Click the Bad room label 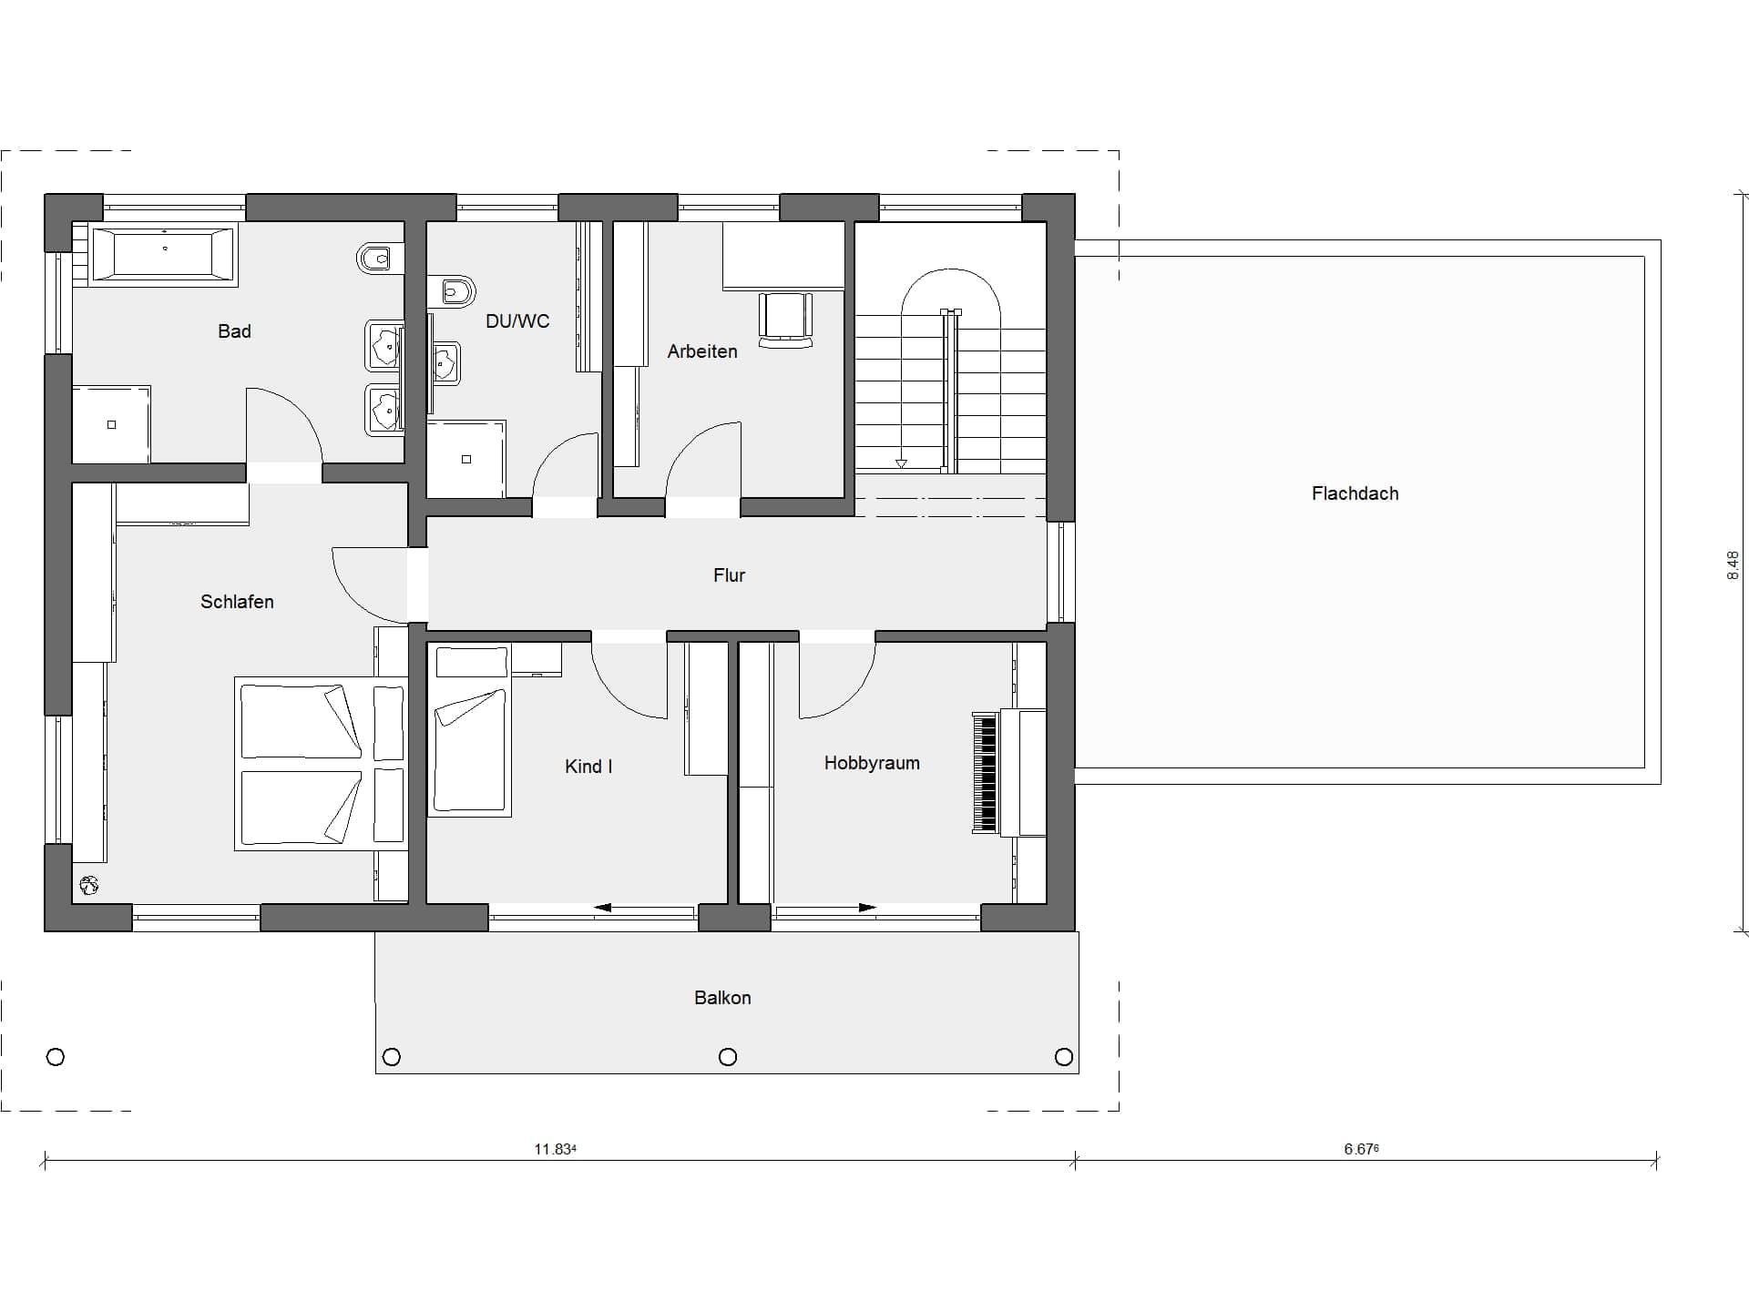pyautogui.click(x=234, y=331)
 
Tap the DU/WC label pyautogui.click(x=517, y=321)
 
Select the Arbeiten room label pyautogui.click(x=702, y=351)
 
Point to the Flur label pyautogui.click(x=729, y=575)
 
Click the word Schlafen pyautogui.click(x=237, y=602)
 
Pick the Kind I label pyautogui.click(x=588, y=767)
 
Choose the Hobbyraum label pyautogui.click(x=872, y=763)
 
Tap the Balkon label pyautogui.click(x=722, y=998)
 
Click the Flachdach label pyautogui.click(x=1355, y=493)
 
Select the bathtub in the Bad pyautogui.click(x=164, y=254)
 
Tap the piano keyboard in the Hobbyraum pyautogui.click(x=985, y=773)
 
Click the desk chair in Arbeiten pyautogui.click(x=785, y=320)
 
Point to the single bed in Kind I pyautogui.click(x=470, y=729)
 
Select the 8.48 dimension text pyautogui.click(x=1734, y=565)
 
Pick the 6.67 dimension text pyautogui.click(x=1361, y=1149)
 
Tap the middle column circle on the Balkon pyautogui.click(x=728, y=1057)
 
